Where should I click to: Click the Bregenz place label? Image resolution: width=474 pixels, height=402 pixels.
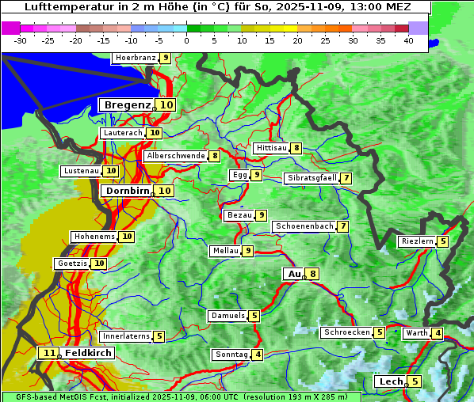pos(126,105)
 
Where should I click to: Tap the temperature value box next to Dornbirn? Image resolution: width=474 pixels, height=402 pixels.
pos(164,191)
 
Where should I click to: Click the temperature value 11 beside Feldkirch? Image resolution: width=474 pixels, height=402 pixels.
pos(49,353)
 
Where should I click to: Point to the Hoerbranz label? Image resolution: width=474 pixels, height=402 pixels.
pos(134,58)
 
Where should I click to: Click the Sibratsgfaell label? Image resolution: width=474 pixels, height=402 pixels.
pos(312,178)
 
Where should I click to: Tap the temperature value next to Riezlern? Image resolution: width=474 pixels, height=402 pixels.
pos(442,241)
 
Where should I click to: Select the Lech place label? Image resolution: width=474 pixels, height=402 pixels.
pos(391,381)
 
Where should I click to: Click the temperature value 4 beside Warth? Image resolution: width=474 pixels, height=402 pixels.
pos(438,333)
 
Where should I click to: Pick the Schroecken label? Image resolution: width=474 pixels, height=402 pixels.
pos(346,332)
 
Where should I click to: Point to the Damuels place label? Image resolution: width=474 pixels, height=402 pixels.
pos(227,316)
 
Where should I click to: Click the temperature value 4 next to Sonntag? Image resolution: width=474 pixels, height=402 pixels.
pos(258,355)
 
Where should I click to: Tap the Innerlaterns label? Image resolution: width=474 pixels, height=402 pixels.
pos(125,336)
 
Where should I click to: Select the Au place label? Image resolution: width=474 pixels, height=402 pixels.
pos(293,274)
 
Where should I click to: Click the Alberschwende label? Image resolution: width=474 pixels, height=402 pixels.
pos(175,156)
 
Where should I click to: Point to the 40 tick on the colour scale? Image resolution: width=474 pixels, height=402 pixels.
pos(408,40)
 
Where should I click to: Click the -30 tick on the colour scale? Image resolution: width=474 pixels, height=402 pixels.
pos(21,40)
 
